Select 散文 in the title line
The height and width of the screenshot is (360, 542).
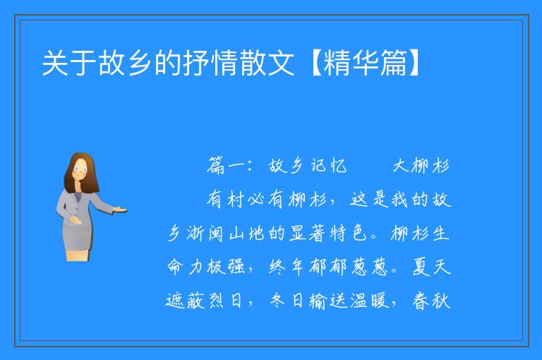(x=267, y=63)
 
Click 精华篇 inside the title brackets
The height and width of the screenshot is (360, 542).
(x=365, y=63)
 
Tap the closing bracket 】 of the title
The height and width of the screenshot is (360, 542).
(x=414, y=63)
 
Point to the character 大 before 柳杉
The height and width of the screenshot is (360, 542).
(x=401, y=166)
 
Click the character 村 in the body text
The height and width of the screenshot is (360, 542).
(x=236, y=199)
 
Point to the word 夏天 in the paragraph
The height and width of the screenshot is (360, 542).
(x=431, y=267)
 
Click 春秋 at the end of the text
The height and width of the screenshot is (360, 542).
(x=431, y=300)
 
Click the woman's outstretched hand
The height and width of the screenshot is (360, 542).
(x=121, y=209)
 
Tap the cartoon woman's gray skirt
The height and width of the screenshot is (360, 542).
(x=77, y=235)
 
